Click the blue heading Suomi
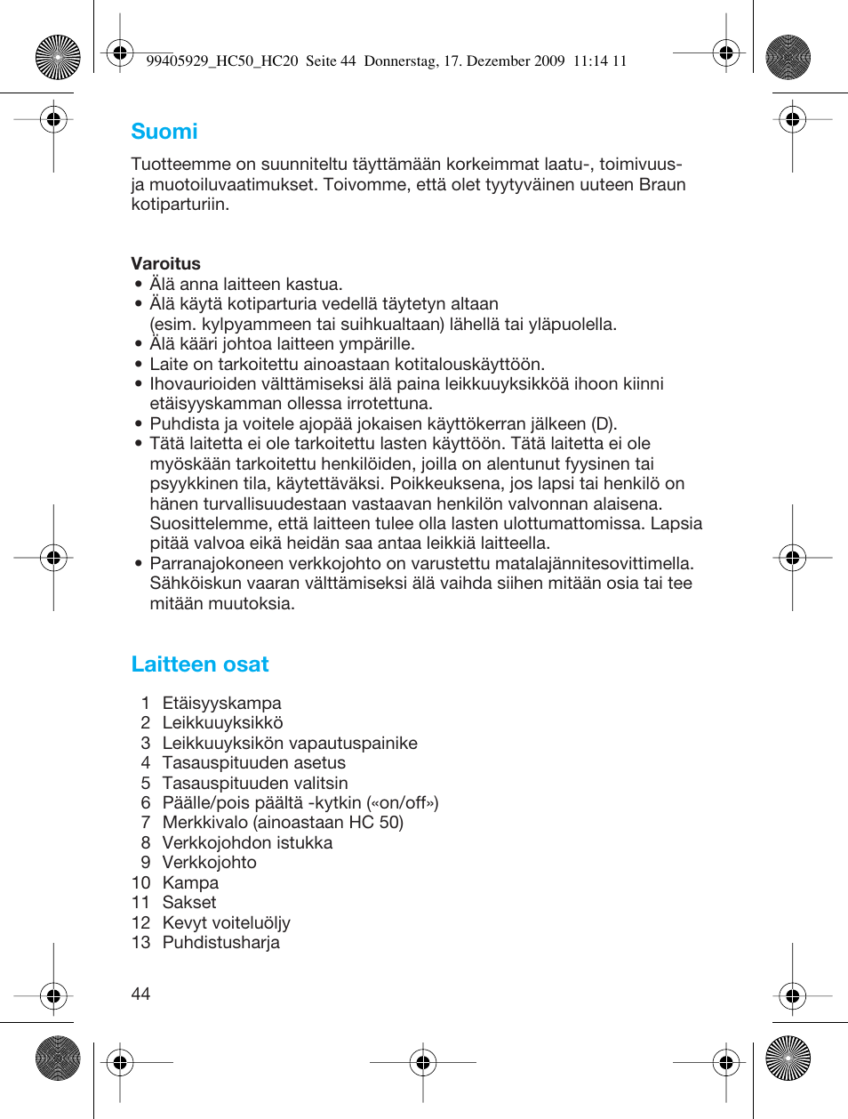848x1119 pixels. [164, 132]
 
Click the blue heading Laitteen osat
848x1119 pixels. [199, 664]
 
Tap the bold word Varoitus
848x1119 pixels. [165, 263]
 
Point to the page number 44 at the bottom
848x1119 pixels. [140, 994]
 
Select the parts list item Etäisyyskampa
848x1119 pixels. [221, 703]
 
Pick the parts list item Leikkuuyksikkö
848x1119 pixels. [222, 722]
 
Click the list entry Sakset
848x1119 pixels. [188, 902]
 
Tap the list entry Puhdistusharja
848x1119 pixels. [220, 942]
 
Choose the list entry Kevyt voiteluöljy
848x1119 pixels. [226, 922]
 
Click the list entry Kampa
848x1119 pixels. [190, 882]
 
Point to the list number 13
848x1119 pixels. [140, 942]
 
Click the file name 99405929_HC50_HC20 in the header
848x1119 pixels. [221, 61]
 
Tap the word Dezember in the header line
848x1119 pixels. [497, 61]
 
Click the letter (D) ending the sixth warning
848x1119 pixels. [604, 423]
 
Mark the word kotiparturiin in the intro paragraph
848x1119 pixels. [180, 204]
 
